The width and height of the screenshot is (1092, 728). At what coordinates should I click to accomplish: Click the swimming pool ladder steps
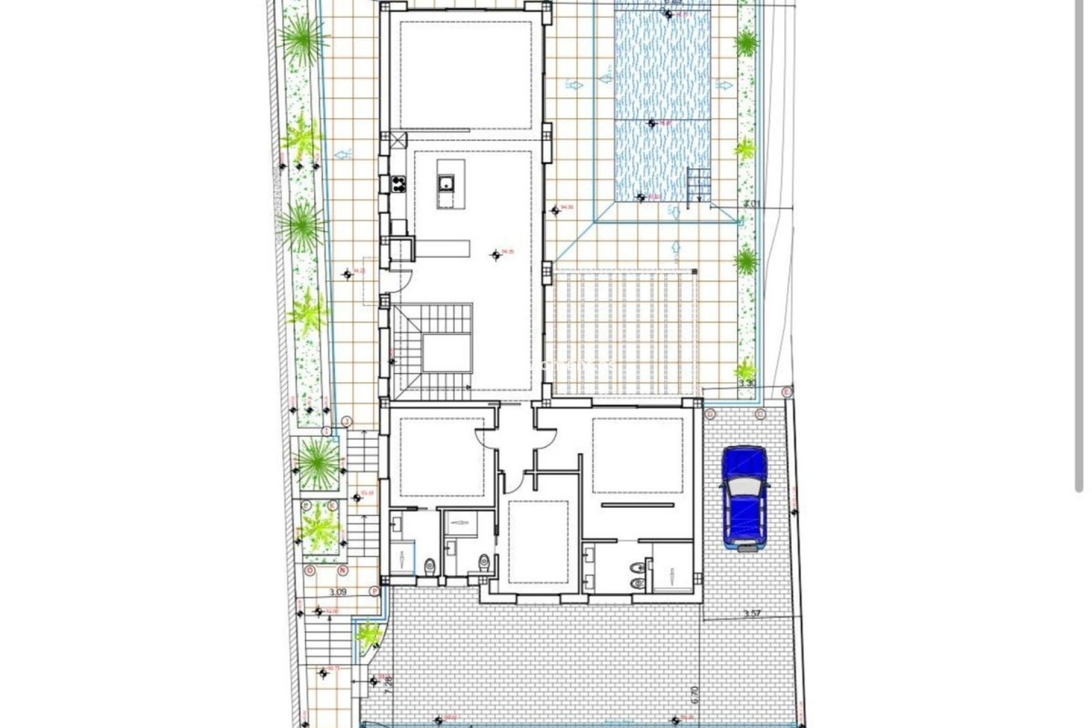click(x=699, y=185)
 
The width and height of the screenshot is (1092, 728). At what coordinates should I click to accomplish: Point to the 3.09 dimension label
click(x=338, y=592)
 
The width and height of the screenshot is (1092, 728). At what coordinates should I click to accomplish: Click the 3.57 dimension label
click(x=752, y=614)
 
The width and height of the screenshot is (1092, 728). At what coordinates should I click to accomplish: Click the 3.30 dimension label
click(x=747, y=383)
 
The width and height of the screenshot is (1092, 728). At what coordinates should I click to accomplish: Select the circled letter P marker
click(x=374, y=591)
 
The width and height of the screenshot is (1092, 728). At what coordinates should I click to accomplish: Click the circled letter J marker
click(x=346, y=421)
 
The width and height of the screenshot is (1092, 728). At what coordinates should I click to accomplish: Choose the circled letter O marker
click(x=310, y=570)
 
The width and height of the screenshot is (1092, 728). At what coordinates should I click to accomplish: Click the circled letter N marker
click(x=342, y=570)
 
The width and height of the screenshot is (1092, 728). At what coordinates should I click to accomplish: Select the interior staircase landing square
click(x=448, y=353)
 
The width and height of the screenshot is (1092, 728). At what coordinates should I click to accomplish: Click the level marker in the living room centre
click(x=496, y=255)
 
